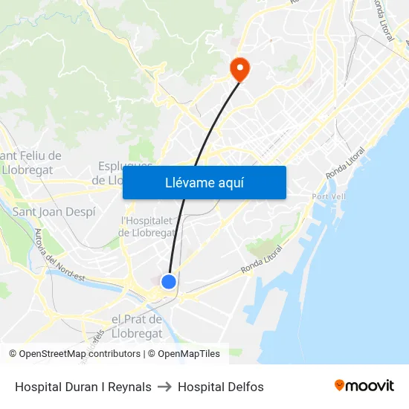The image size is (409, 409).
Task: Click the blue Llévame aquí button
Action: (x=204, y=182)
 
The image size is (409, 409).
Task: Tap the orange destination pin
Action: (x=239, y=69)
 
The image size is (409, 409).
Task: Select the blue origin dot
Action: (x=169, y=282)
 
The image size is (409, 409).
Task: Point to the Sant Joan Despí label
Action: (x=54, y=211)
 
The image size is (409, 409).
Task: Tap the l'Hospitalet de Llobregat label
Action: (x=146, y=226)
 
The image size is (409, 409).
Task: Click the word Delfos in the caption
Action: (x=246, y=387)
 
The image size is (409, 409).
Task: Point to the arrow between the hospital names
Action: (x=164, y=387)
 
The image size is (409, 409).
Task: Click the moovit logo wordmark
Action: (x=370, y=386)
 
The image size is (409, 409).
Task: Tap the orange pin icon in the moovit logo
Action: (x=340, y=385)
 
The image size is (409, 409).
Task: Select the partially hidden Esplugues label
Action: (x=125, y=166)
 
